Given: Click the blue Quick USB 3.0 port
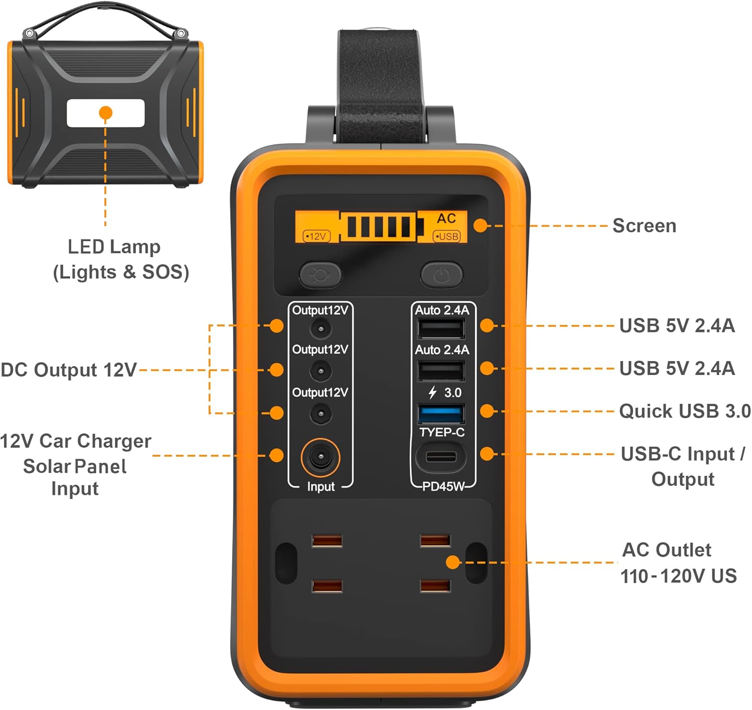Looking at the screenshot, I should point(441,414).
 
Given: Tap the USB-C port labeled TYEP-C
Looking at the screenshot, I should point(441,457).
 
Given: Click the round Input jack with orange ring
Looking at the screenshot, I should point(320,457).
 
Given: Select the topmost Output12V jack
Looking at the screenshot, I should point(320,329).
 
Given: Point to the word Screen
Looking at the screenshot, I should point(644,226).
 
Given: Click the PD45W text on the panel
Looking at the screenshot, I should point(443,486).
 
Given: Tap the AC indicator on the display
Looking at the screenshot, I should point(446,219).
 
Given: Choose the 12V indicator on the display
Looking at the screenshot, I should point(316,236).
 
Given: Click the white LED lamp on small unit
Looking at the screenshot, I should point(106,113).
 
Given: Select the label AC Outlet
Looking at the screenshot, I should point(666,550).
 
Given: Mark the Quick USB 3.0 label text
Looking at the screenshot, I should point(684,411).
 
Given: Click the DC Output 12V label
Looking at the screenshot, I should point(69,370).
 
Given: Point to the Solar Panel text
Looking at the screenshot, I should point(75,466).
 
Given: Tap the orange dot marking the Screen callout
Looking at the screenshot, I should point(480,226).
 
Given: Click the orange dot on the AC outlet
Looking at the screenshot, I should point(453,562).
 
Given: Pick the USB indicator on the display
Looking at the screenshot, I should point(446,236).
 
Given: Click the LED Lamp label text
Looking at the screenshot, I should point(114,247).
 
